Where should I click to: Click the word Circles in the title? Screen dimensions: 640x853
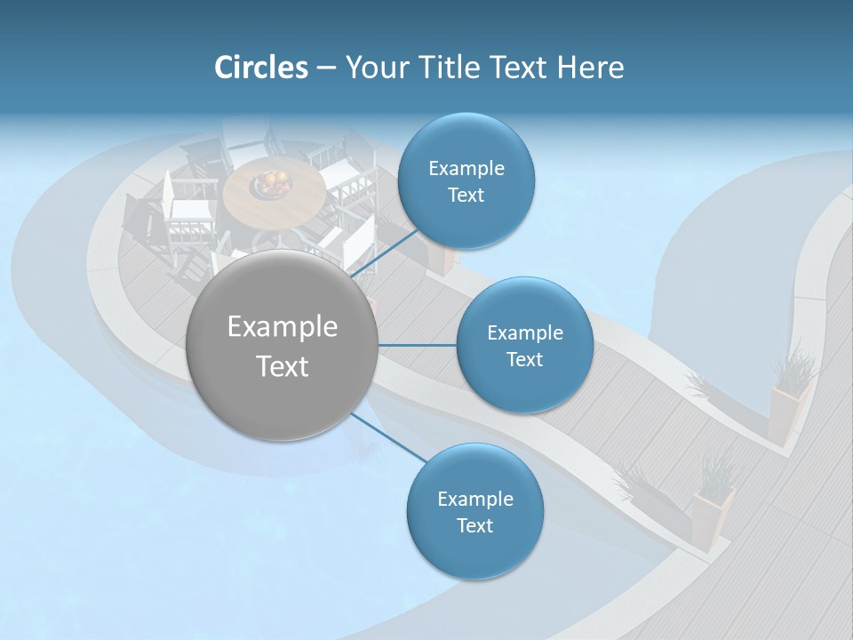pos(261,68)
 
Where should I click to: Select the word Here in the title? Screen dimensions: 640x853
pos(591,68)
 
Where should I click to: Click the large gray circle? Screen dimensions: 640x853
pos(283,346)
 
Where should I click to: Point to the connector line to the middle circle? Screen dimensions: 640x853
pos(418,345)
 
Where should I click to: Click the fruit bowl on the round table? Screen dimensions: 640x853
pos(272,184)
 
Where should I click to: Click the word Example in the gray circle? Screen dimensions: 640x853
pos(283,327)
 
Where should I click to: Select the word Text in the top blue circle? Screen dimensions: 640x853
pos(466,196)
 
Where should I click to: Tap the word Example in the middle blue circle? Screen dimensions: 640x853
pos(524,333)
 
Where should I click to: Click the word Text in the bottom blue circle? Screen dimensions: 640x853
pos(474,525)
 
